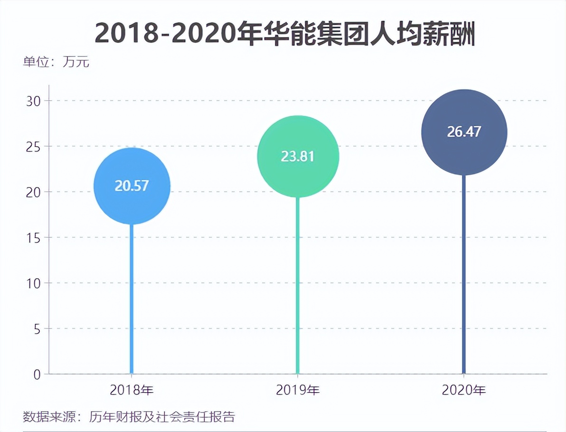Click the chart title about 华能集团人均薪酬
click(284, 33)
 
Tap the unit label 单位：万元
click(56, 62)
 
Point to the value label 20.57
click(132, 186)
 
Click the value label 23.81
click(298, 157)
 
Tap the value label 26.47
click(464, 132)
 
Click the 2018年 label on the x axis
click(132, 390)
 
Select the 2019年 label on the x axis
click(298, 390)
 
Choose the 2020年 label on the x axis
click(464, 390)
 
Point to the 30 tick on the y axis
click(35, 101)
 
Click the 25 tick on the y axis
click(35, 146)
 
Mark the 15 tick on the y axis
click(35, 237)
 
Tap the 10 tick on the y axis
click(35, 283)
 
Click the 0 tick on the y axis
click(38, 374)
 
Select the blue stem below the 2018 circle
click(132, 299)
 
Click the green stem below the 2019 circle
click(298, 285)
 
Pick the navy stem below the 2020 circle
click(464, 275)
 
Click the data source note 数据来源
click(129, 417)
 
